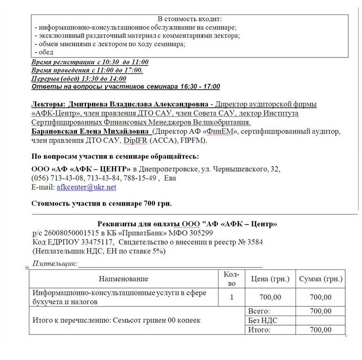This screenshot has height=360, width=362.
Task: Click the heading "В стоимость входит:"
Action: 190,19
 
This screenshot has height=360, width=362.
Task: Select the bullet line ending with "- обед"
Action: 44,52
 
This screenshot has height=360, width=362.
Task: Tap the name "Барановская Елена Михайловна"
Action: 91,132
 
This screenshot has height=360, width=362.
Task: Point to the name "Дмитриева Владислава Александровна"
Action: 135,104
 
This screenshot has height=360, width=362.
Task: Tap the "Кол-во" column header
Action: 231,278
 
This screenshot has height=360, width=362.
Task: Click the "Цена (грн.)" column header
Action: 270,278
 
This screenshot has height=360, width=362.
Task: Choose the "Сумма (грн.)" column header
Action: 321,278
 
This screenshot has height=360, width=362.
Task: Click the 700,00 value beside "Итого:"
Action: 321,330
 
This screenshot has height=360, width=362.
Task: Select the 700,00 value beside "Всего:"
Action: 321,311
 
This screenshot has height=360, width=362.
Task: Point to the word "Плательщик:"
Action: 56,263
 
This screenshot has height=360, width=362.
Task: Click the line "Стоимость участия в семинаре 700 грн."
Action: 101,203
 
